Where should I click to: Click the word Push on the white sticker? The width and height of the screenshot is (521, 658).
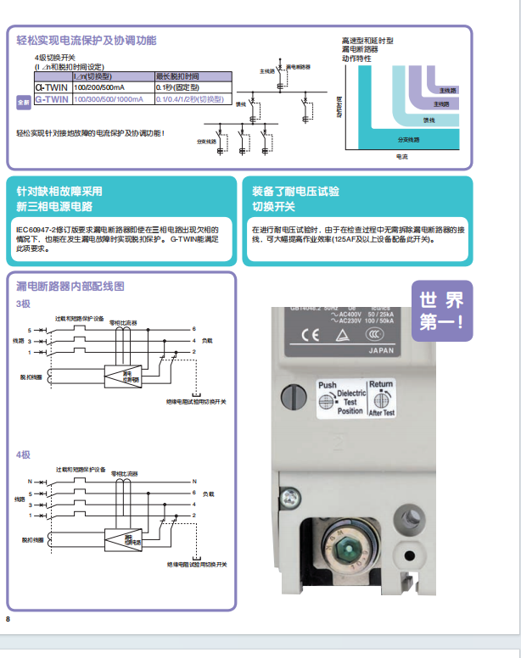[327, 385]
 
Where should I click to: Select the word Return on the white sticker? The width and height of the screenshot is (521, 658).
[382, 384]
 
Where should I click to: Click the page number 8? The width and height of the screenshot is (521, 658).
[8, 620]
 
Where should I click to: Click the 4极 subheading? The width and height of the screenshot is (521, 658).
[23, 455]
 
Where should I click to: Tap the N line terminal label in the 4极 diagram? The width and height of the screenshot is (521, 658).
[30, 482]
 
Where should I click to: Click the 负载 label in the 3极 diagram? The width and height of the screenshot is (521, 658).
[208, 341]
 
